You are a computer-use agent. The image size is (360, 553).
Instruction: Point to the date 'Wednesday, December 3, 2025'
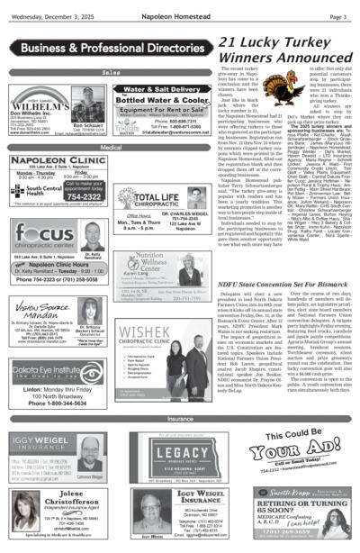pos(47,16)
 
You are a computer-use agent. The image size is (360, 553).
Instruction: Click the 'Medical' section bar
pos(112,147)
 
